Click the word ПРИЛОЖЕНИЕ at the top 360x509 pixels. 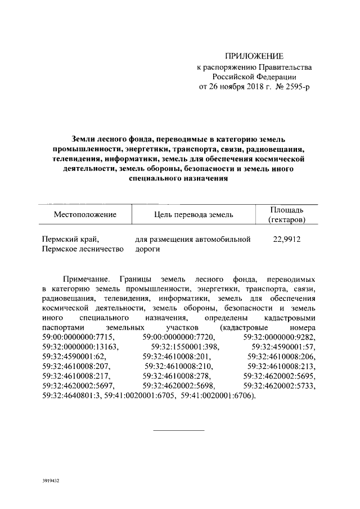[255, 56]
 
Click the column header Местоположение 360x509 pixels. [85, 214]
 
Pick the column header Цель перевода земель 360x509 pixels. [193, 214]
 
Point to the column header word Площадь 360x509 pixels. [287, 209]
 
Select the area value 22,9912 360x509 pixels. [287, 240]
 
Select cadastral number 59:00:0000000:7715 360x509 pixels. [78, 337]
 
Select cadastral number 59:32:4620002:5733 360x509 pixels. [280, 386]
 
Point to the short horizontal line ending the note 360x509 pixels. [179, 430]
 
